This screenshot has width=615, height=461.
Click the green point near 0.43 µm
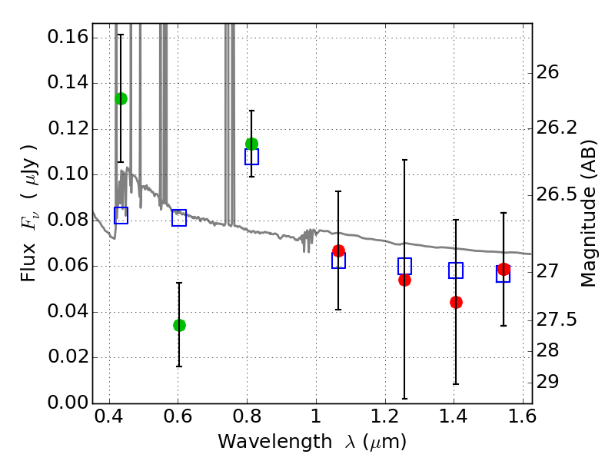[x=121, y=98]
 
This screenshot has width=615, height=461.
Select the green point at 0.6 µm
[x=179, y=325]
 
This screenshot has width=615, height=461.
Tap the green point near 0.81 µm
[x=251, y=144]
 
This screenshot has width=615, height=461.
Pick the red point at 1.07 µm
[x=338, y=250]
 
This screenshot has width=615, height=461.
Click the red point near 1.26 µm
[x=404, y=280]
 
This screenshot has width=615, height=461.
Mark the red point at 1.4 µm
[x=456, y=302]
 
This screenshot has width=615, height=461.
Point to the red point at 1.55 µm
[x=504, y=269]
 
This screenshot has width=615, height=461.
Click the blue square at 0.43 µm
[x=121, y=216]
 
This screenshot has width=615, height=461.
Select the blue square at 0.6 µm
[x=179, y=218]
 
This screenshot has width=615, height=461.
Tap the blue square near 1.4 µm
[x=456, y=270]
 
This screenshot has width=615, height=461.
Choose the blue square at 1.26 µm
[x=404, y=267]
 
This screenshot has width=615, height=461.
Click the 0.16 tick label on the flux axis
[x=67, y=38]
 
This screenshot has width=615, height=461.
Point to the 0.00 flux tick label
[x=67, y=403]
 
